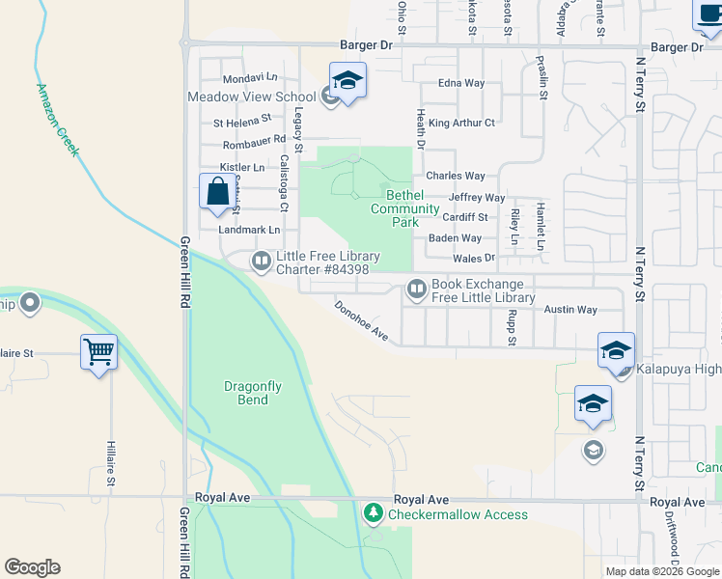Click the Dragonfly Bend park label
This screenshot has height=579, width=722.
tap(253, 393)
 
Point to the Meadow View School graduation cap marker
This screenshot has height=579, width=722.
tap(348, 81)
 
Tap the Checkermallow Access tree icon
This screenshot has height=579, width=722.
tap(374, 514)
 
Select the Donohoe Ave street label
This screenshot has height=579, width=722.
tap(361, 321)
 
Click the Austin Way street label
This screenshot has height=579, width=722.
tap(570, 310)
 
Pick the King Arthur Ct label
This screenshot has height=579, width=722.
tap(461, 123)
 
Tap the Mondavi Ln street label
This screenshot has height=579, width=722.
tap(249, 77)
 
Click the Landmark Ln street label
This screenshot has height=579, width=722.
tap(249, 230)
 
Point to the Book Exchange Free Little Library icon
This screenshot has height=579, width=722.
tap(417, 289)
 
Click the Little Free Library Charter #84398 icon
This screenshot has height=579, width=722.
tap(262, 261)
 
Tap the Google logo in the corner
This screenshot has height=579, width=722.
tap(32, 567)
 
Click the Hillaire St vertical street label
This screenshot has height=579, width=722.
tap(111, 465)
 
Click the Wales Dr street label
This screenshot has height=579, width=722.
tap(473, 258)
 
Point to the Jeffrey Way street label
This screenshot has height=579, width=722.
tap(477, 197)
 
